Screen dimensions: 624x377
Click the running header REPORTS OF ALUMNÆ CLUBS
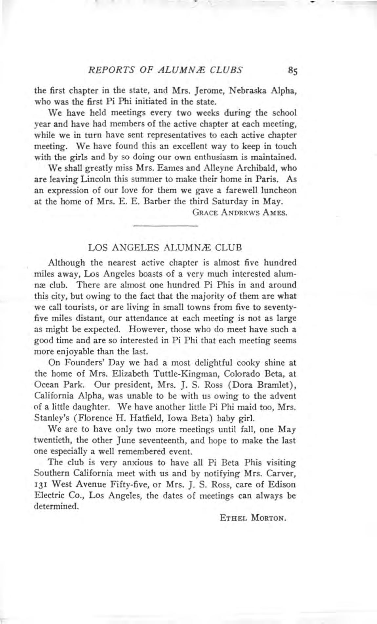(x=166, y=69)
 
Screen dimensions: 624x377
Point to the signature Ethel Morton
(x=254, y=518)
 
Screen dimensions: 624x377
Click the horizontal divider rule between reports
(x=165, y=226)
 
